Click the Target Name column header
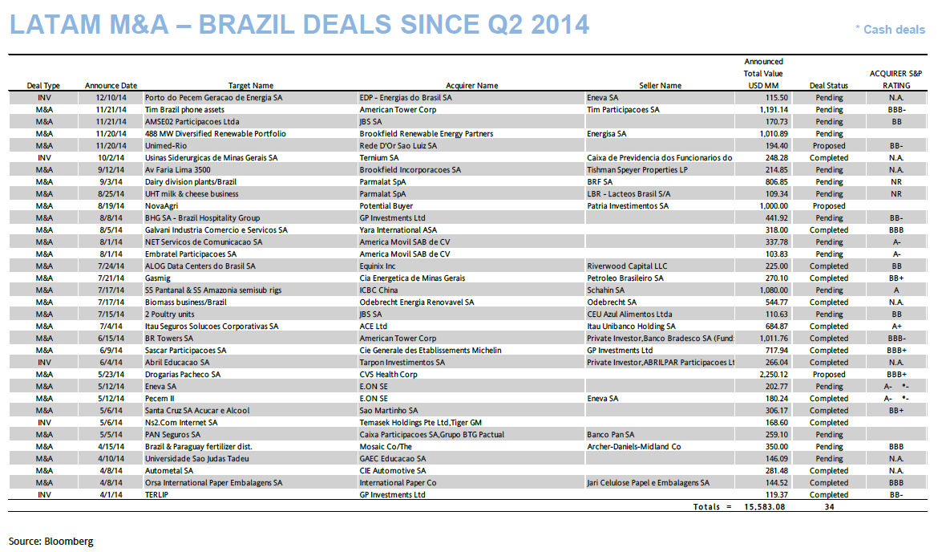pos(250,86)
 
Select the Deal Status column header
pos(828,86)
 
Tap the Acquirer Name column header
pos(471,86)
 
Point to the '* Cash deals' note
pos(889,30)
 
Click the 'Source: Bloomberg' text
pos(51,542)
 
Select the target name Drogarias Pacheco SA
pos(182,375)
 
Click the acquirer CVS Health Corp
pos(388,375)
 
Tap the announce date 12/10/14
pos(111,98)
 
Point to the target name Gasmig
pos(159,278)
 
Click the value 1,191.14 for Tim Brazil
pos(766,110)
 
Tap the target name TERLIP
pos(157,495)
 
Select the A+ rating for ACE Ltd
pos(896,327)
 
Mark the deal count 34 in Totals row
pos(829,507)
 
